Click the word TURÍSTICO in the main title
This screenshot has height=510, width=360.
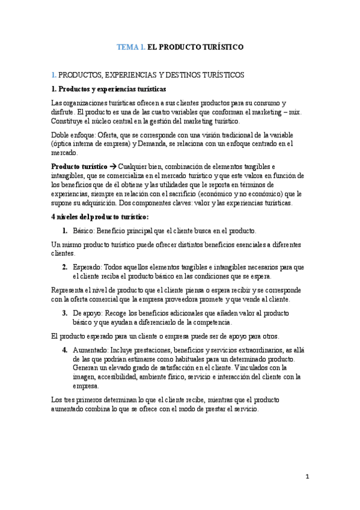(x=221, y=46)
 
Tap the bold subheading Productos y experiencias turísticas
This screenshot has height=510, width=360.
(x=108, y=89)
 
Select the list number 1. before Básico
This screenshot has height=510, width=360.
(x=65, y=230)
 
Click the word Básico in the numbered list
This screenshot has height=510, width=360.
(x=83, y=230)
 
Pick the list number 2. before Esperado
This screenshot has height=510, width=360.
(x=65, y=267)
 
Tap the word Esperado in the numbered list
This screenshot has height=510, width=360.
(x=87, y=267)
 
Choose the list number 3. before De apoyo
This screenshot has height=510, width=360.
(x=65, y=313)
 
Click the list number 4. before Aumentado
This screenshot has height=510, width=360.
(x=65, y=350)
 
